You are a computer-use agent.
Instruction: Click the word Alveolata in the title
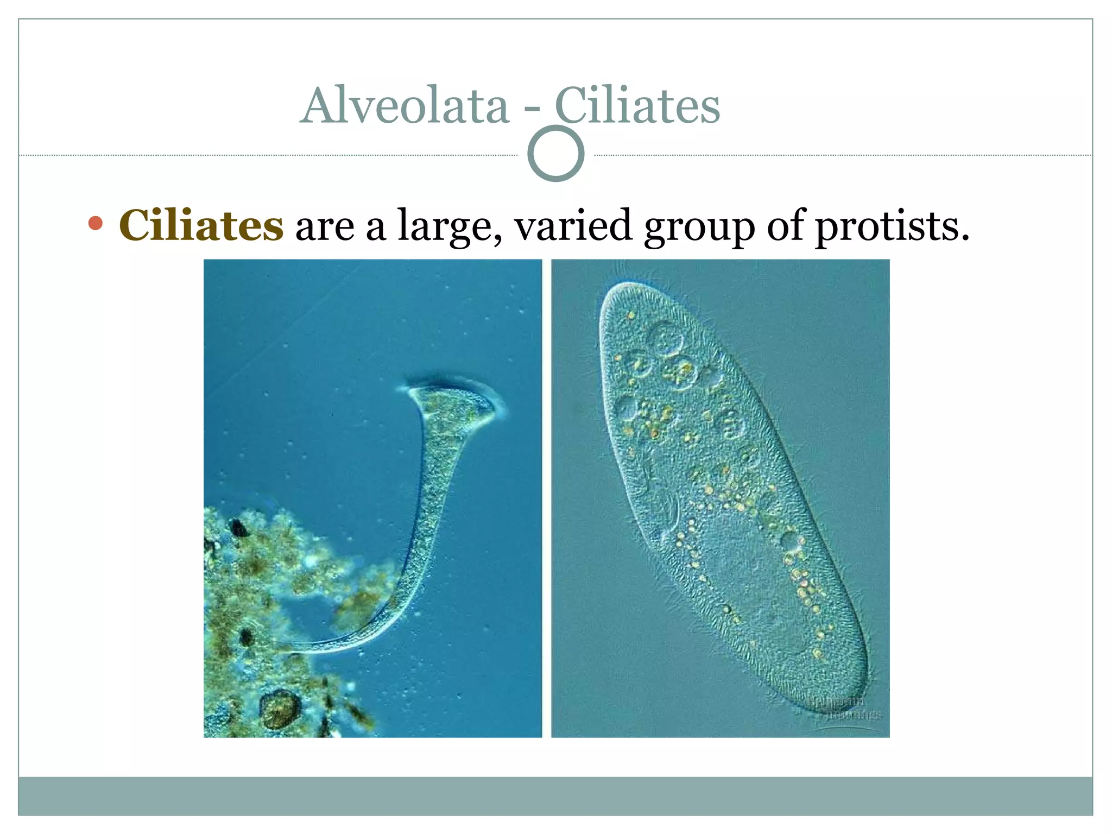pos(405,106)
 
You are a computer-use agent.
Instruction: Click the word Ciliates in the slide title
pos(637,106)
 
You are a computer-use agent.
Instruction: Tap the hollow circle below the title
pos(555,154)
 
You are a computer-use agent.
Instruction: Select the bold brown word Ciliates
pos(201,225)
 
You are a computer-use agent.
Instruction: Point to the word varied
pos(573,225)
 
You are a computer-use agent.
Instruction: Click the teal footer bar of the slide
pos(555,795)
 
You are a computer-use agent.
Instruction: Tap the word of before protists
pos(785,225)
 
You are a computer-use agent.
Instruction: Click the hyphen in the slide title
pos(532,110)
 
